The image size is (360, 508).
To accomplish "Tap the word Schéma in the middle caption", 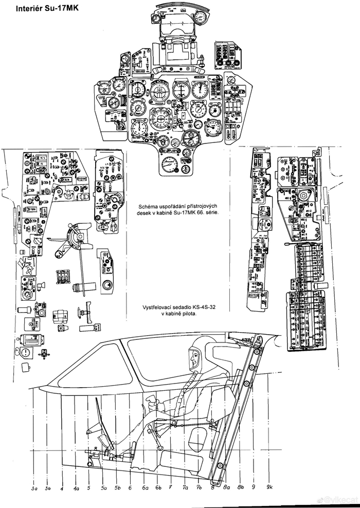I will (x=140, y=206).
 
